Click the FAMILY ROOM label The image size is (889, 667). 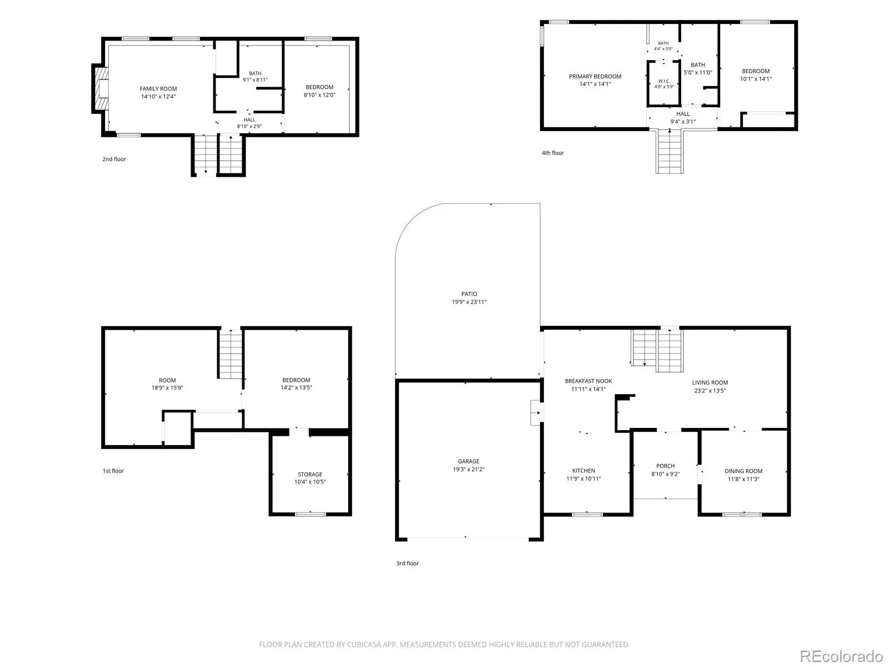coord(158,89)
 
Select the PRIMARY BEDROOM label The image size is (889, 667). coord(595,76)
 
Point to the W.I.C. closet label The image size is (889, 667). coord(664,81)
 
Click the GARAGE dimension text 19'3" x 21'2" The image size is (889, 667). coord(468,469)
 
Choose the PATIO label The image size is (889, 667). coord(468,293)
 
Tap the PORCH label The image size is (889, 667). coord(665,466)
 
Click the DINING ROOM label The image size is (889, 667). coord(743,471)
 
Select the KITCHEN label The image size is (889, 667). coord(583,471)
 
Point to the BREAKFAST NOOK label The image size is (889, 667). coord(588,381)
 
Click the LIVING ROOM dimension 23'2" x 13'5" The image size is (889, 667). coord(710,391)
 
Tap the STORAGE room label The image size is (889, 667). coord(310,474)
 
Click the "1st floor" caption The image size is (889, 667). coord(113,471)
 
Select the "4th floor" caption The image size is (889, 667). coord(552,153)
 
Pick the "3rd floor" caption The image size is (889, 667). coord(407,563)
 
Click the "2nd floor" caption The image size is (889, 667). coord(114,159)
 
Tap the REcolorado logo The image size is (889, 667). coord(841,656)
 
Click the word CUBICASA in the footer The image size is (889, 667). coord(364,645)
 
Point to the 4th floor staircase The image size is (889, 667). coord(670,151)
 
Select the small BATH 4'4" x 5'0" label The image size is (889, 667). coord(663,46)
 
